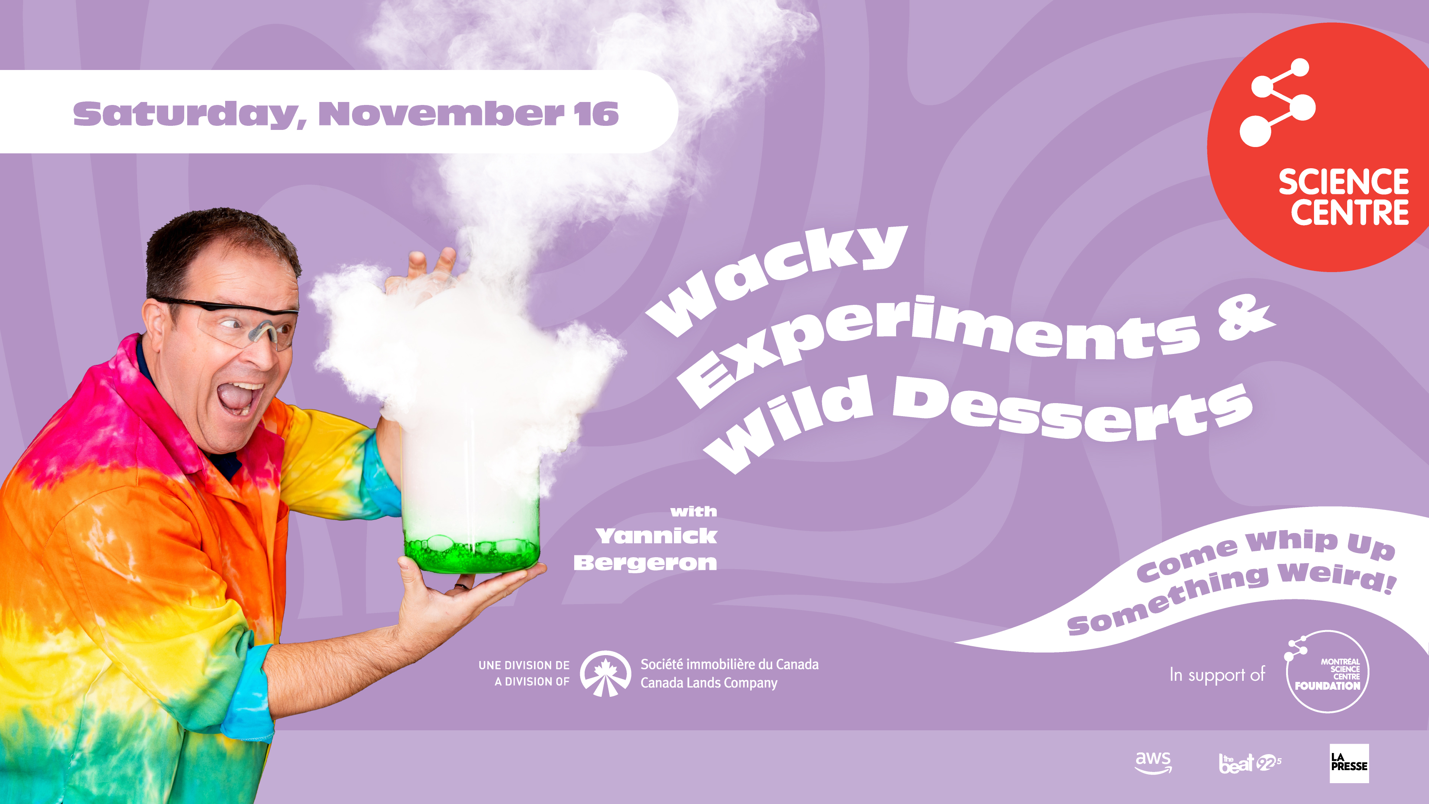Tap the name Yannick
(x=656, y=536)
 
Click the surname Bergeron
(x=645, y=563)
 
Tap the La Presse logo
(x=1349, y=763)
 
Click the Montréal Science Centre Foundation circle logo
(x=1327, y=671)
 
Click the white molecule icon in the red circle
(x=1277, y=103)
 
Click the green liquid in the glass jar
(x=471, y=553)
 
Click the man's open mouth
(x=240, y=398)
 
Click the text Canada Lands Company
(x=709, y=683)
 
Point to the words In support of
(x=1218, y=675)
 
